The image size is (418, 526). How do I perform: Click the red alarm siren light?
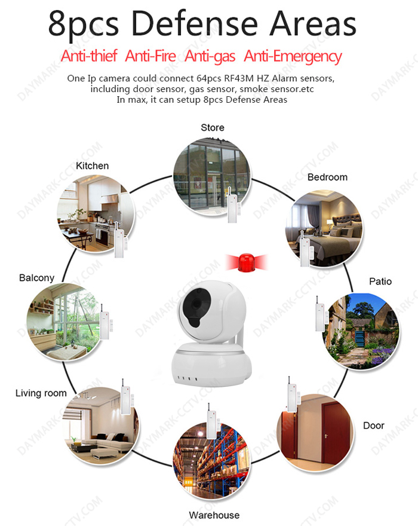[x=247, y=262]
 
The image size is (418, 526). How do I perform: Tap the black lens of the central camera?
[x=196, y=304]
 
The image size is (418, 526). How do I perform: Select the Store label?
[x=213, y=127]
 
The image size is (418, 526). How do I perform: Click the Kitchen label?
[x=92, y=166]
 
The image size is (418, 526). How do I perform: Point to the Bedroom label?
[x=327, y=177]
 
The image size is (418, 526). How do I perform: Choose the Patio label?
[x=380, y=282]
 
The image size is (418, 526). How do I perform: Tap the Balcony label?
[x=36, y=278]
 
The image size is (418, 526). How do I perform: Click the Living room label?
[x=41, y=393]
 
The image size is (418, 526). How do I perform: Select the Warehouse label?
[x=214, y=515]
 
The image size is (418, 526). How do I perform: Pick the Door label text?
[x=374, y=426]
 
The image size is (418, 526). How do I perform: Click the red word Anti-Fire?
[x=150, y=56]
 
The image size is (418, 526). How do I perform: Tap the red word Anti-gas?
[x=210, y=56]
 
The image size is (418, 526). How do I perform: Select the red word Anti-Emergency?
[x=293, y=56]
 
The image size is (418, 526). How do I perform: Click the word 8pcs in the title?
[x=84, y=25]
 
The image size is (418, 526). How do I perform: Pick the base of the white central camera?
[x=211, y=365]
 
